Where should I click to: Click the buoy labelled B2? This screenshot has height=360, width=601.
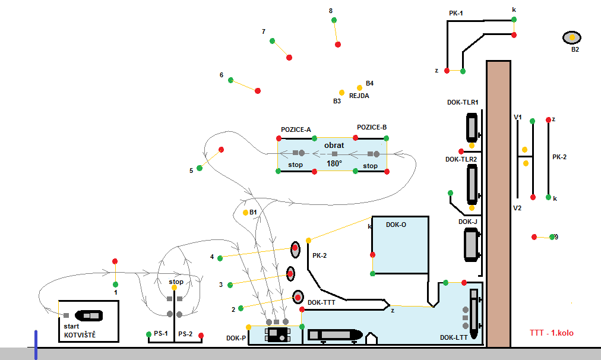click(x=572, y=37)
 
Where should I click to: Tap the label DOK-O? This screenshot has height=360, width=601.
click(x=396, y=225)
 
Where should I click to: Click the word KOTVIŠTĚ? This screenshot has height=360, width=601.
click(x=80, y=336)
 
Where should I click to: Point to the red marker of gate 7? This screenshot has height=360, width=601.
click(x=289, y=58)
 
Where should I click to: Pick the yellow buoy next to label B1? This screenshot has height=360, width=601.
click(x=245, y=213)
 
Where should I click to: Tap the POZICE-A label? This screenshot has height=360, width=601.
click(x=296, y=130)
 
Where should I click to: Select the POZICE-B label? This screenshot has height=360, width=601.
click(x=372, y=128)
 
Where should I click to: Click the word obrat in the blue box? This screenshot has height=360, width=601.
click(x=334, y=146)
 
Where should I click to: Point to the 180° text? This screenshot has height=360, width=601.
click(x=334, y=163)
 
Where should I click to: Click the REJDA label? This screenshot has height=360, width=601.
click(x=359, y=95)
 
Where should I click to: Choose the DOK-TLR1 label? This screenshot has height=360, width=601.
click(x=463, y=103)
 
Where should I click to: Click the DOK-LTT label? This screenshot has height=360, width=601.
click(x=453, y=337)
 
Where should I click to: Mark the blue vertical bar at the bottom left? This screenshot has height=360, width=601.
click(x=36, y=345)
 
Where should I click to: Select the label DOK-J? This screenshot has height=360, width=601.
click(x=468, y=222)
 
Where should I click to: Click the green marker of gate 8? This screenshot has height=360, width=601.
click(x=334, y=20)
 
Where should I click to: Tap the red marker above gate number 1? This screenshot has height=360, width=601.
click(x=115, y=261)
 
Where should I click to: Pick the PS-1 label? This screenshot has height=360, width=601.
click(x=161, y=334)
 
